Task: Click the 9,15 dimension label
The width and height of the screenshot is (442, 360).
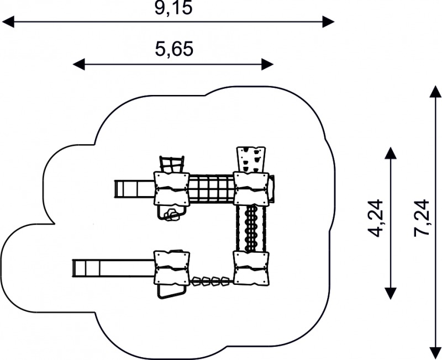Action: click(173, 8)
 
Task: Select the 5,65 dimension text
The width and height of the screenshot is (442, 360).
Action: click(174, 49)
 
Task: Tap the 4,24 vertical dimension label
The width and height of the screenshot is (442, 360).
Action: click(376, 218)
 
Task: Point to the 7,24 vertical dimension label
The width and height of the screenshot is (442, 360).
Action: click(422, 218)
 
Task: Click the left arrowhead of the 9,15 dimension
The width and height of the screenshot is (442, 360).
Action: click(8, 22)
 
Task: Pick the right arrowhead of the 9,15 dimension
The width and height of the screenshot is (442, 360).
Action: click(328, 22)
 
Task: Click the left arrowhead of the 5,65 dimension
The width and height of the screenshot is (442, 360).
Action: click(78, 65)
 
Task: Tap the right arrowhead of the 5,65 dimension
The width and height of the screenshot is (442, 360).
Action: click(267, 65)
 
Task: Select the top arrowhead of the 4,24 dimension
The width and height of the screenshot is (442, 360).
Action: click(391, 153)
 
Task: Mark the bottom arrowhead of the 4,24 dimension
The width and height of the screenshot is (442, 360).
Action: click(391, 293)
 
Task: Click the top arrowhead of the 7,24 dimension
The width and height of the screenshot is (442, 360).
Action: click(435, 92)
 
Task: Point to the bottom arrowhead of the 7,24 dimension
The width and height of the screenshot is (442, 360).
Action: click(435, 353)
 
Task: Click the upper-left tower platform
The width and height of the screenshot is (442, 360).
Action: click(171, 188)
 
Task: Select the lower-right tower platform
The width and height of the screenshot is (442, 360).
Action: click(251, 268)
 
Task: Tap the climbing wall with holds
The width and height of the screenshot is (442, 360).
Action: click(251, 160)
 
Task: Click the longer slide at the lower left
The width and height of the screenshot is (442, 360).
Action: click(114, 268)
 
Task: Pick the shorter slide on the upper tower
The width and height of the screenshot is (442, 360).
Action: click(134, 189)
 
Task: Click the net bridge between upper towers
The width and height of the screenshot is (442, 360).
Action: click(212, 188)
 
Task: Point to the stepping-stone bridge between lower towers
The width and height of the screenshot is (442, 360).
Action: click(211, 281)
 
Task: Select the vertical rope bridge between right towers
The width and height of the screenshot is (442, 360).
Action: click(251, 228)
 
